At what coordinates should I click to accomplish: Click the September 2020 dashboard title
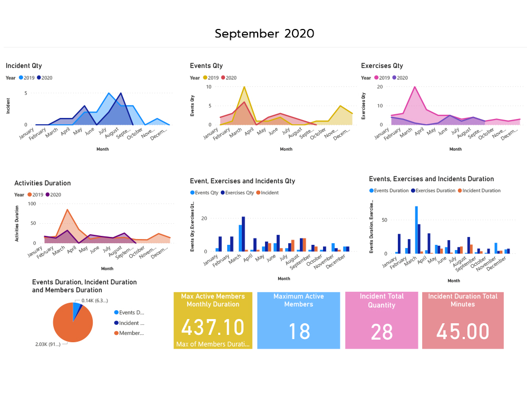[264, 34]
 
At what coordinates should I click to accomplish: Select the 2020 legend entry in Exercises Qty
[400, 78]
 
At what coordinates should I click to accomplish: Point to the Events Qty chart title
[206, 66]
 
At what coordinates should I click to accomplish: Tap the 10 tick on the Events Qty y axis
[209, 87]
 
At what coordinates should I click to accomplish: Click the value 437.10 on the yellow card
[213, 327]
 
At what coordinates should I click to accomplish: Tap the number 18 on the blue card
[299, 332]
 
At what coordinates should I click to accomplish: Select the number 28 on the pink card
[382, 332]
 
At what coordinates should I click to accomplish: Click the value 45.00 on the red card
[463, 332]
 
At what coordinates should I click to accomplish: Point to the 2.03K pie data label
[48, 344]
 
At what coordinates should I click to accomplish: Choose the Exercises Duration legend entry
[434, 191]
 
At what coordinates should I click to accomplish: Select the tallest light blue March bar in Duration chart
[416, 230]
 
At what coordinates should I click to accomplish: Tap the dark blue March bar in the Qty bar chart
[243, 234]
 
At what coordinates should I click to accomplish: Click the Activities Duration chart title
[42, 183]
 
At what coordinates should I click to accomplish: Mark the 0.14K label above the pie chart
[95, 300]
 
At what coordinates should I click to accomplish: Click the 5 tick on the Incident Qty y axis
[26, 93]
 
